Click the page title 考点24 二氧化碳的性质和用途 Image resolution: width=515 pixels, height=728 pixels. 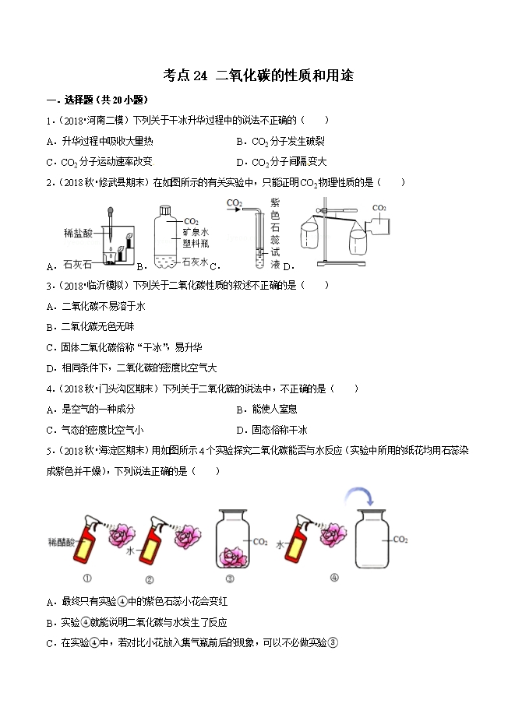(257, 75)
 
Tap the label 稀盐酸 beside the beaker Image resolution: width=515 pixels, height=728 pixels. (79, 232)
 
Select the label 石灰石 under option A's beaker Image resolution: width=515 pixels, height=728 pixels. (76, 264)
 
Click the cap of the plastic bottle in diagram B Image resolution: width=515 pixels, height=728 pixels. (164, 209)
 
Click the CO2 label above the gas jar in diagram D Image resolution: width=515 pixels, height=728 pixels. (379, 208)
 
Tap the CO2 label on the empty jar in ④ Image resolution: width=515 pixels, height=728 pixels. (402, 540)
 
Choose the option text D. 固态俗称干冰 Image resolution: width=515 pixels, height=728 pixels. (273, 429)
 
